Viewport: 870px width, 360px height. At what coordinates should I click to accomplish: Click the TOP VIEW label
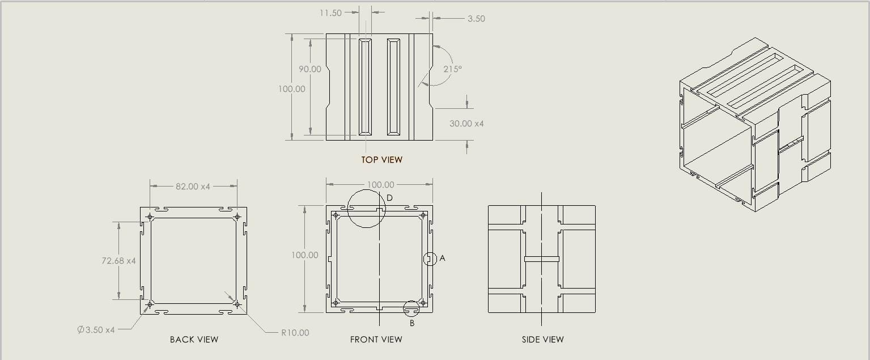tap(382, 160)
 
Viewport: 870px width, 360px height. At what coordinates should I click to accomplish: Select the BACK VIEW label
tap(194, 340)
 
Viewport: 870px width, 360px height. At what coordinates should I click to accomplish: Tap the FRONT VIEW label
tap(376, 340)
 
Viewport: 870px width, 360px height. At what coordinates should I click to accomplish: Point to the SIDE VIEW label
tap(542, 340)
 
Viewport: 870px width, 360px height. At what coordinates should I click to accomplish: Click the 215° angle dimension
tap(452, 69)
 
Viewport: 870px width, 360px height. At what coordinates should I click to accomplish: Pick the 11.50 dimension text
tap(330, 13)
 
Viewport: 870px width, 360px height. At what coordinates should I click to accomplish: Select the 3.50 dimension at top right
tap(476, 19)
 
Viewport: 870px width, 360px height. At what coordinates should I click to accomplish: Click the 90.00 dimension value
tap(310, 69)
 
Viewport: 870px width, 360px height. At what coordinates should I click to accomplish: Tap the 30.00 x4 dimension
tap(466, 124)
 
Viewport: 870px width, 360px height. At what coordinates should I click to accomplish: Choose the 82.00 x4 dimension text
tap(193, 187)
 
